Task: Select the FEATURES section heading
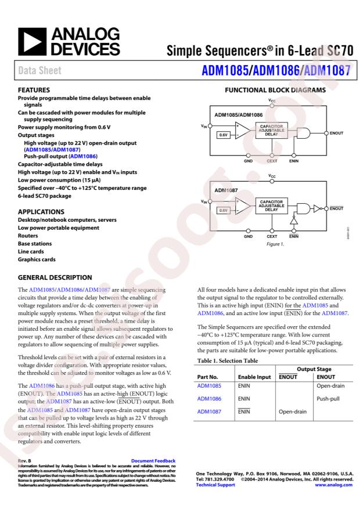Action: point(34,91)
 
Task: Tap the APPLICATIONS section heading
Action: point(41,212)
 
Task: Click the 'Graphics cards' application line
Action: point(37,259)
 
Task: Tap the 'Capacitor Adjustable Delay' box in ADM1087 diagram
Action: point(272,206)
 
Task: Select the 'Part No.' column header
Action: point(209,377)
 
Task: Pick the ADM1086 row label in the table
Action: point(210,399)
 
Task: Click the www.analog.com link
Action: point(333,485)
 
